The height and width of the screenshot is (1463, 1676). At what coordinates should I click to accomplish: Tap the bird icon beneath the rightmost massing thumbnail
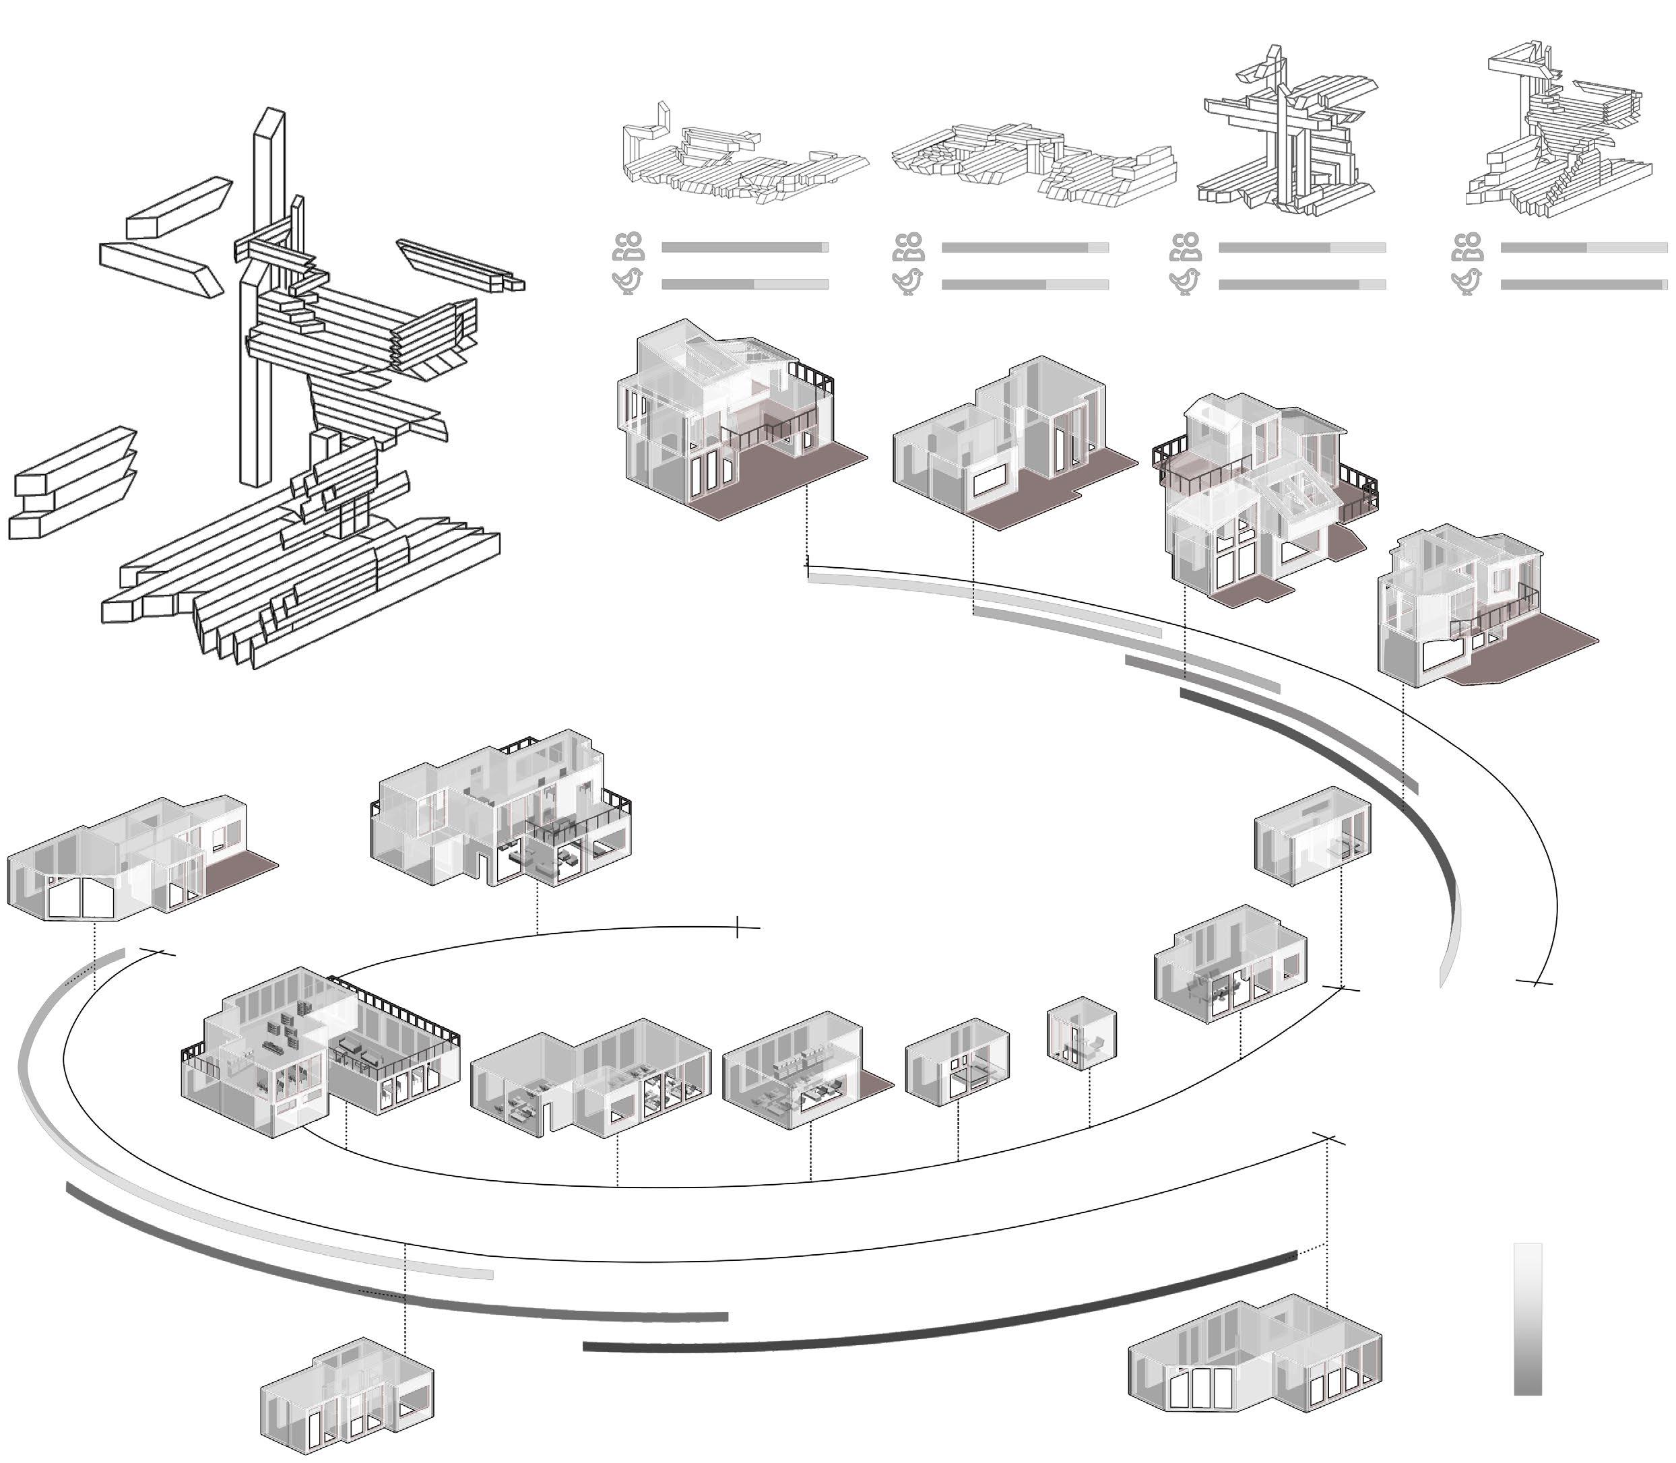click(x=1468, y=282)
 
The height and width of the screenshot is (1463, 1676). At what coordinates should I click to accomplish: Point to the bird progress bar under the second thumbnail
click(x=1025, y=285)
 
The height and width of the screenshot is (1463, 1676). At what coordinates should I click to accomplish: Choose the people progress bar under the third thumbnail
click(x=1302, y=247)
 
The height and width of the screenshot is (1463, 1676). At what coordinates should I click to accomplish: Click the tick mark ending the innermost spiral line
click(x=738, y=927)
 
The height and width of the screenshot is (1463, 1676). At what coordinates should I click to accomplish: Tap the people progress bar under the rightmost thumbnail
click(x=1584, y=247)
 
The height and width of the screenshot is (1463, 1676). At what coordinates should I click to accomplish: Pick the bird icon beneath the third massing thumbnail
click(x=1186, y=282)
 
